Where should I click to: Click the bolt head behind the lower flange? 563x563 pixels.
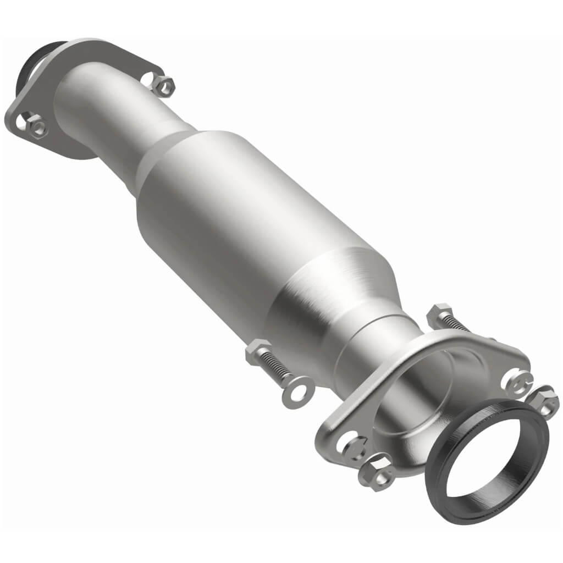440,314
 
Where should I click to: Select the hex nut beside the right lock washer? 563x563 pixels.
544,400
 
